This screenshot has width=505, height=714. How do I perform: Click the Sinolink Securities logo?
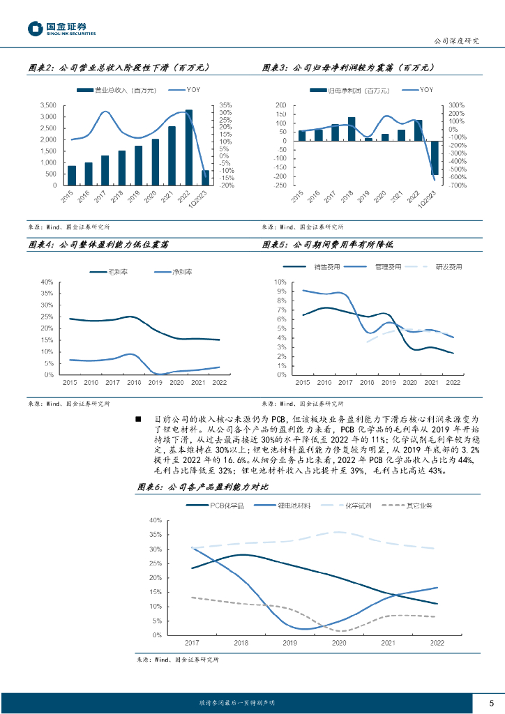click(61, 28)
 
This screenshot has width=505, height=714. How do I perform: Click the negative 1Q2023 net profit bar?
click(435, 158)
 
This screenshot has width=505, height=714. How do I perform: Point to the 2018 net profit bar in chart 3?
click(351, 129)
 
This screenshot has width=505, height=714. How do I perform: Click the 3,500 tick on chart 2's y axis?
click(47, 105)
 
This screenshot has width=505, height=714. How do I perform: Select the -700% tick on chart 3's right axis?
click(458, 185)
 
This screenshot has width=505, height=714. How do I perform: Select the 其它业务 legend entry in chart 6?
click(419, 505)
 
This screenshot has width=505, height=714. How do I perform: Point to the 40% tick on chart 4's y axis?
click(47, 282)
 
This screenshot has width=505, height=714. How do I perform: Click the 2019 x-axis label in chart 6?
click(290, 643)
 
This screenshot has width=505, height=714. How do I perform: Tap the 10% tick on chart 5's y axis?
click(280, 282)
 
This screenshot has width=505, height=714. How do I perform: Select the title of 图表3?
click(348, 68)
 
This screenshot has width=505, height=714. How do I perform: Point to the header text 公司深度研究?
click(456, 41)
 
